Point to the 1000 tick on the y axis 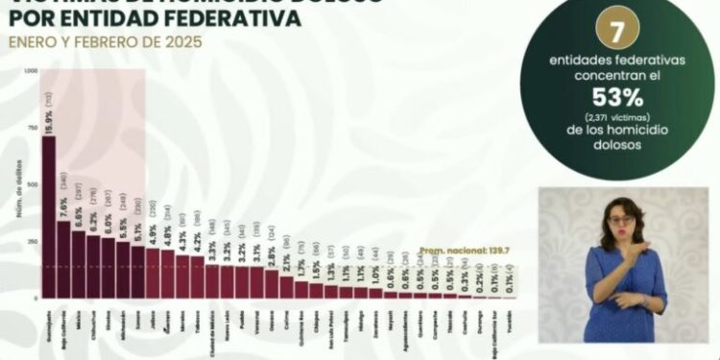click(33, 71)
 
